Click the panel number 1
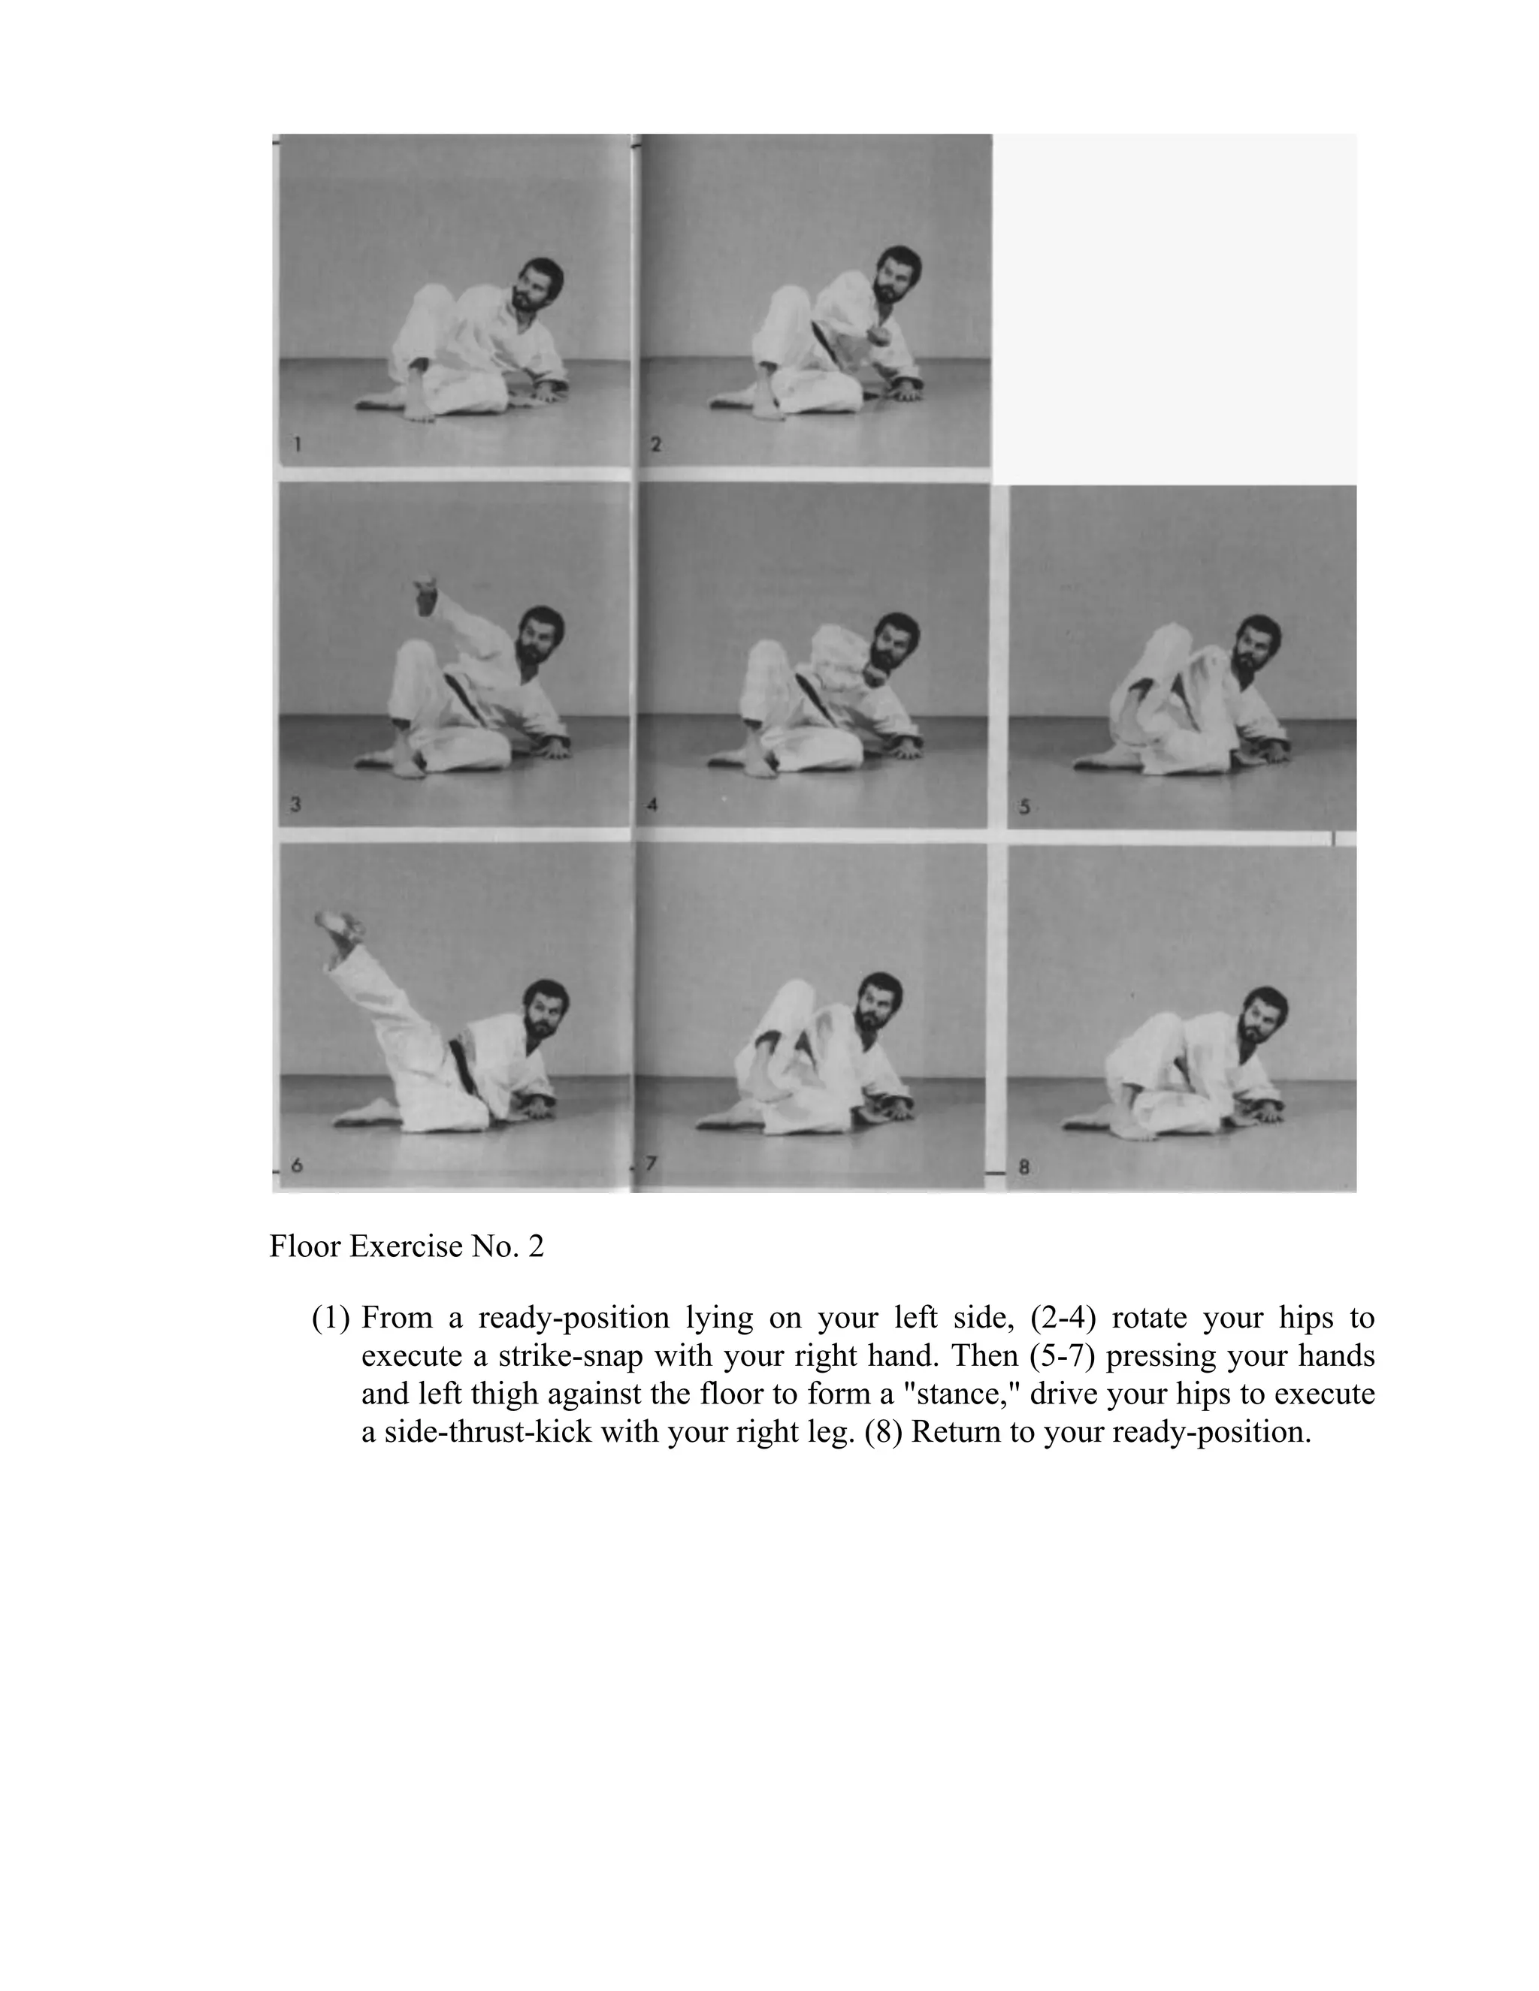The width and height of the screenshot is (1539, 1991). pos(298,445)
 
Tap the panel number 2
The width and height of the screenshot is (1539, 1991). pos(657,445)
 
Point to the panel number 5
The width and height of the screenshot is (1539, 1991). pos(1025,807)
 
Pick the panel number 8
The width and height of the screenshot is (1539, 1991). pos(1024,1166)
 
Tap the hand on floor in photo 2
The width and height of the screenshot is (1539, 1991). pos(906,392)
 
